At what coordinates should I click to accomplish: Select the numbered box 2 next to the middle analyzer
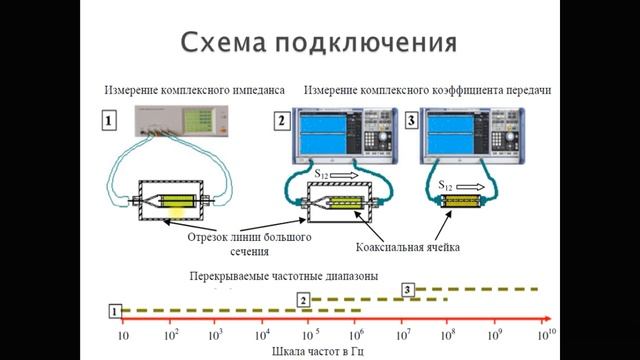tap(282, 124)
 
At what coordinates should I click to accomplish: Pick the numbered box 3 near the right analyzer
tap(410, 123)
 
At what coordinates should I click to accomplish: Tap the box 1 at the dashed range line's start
tap(115, 311)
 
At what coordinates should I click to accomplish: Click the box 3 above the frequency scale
tap(407, 289)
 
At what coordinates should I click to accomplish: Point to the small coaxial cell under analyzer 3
tap(463, 201)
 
